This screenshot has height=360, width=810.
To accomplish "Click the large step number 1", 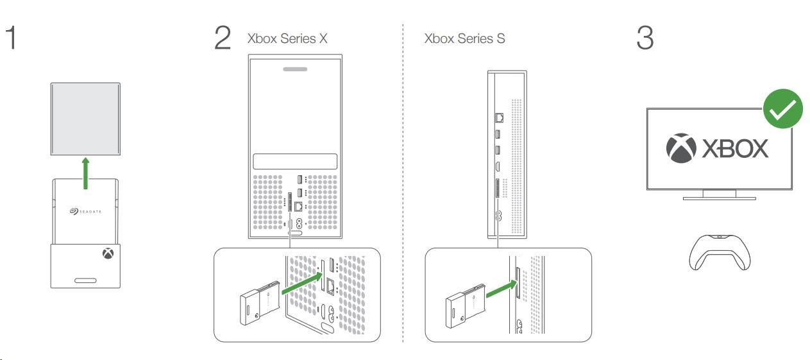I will coord(10,39).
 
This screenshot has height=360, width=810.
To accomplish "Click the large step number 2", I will coord(223,39).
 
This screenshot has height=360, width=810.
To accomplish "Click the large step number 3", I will coord(645,39).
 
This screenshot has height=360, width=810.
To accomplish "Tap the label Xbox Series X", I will coord(287,39).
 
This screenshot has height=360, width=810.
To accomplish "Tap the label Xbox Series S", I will coord(464,39).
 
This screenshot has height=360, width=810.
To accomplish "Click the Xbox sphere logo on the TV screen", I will coord(681,148).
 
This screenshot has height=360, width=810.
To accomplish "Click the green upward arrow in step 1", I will coord(85,175).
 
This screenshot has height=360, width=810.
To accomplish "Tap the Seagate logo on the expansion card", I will coord(85,210).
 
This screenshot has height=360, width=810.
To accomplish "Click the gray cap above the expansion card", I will coord(85,119).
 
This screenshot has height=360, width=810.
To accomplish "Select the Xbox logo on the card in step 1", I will coord(106,254).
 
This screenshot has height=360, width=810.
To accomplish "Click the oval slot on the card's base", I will coord(85,280).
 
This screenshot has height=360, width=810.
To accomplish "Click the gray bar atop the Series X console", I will coord(294,67).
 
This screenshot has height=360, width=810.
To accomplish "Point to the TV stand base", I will coord(719,198).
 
